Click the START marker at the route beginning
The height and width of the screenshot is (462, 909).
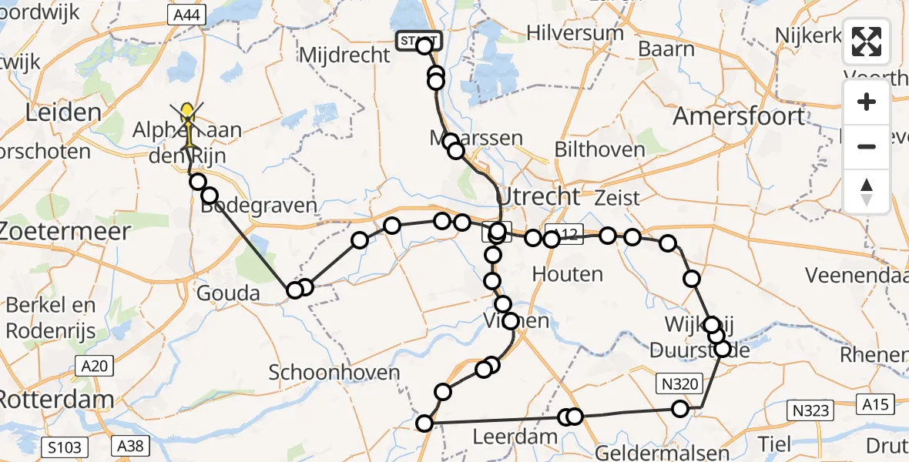tap(418, 41)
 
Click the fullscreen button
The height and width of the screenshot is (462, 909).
tap(867, 42)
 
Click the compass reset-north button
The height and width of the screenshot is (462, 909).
tap(867, 192)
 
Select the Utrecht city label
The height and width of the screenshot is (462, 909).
tap(538, 196)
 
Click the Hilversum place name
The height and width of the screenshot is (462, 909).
tap(575, 33)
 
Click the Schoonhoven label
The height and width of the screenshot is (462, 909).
tap(334, 373)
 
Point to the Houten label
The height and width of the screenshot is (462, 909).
tap(567, 273)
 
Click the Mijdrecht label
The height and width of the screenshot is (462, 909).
tap(344, 55)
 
